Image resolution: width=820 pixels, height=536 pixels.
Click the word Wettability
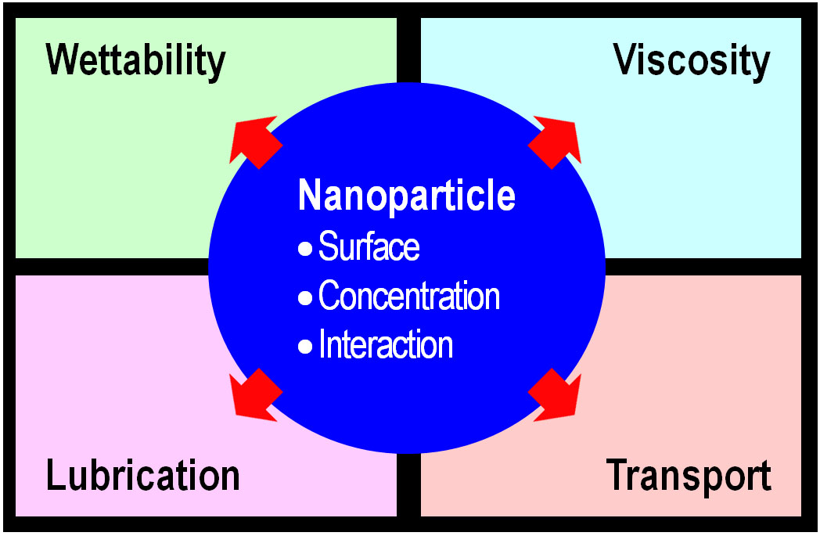[x=136, y=61]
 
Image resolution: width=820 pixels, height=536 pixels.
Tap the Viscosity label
[x=692, y=61]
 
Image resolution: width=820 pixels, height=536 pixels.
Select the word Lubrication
[x=143, y=476]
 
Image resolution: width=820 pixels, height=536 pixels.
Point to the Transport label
[x=689, y=476]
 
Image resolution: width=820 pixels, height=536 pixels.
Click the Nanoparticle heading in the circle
[x=407, y=196]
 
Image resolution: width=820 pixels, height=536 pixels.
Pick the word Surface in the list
[x=369, y=248]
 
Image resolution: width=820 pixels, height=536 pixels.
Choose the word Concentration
[x=409, y=297]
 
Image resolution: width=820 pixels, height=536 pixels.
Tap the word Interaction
[x=386, y=345]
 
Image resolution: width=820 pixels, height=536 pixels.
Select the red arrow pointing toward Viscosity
[x=556, y=141]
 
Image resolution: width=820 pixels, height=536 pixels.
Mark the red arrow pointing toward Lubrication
[x=255, y=394]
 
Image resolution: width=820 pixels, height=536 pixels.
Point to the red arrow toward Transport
[x=556, y=394]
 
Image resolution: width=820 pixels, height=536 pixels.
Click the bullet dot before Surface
[x=305, y=250]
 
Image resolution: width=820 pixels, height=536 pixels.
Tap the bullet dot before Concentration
[x=305, y=298]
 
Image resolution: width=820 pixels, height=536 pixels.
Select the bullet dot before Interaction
[x=305, y=347]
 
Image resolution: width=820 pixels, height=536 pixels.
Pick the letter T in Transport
[x=617, y=474]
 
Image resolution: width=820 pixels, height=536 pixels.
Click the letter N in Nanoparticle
[x=308, y=196]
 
